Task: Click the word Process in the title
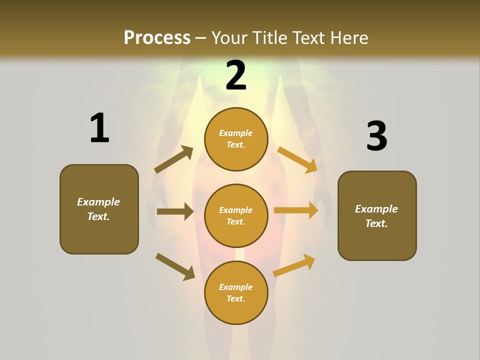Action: [157, 37]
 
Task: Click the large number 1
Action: [99, 128]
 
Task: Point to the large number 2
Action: [236, 75]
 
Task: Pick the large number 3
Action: [376, 136]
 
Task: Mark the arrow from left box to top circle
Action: [173, 159]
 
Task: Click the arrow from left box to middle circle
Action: [175, 211]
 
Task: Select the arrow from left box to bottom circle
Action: [175, 266]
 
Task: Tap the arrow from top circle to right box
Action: [297, 160]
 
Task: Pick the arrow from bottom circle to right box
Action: [294, 265]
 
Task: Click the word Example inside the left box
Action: [98, 202]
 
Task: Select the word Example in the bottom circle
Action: [236, 287]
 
